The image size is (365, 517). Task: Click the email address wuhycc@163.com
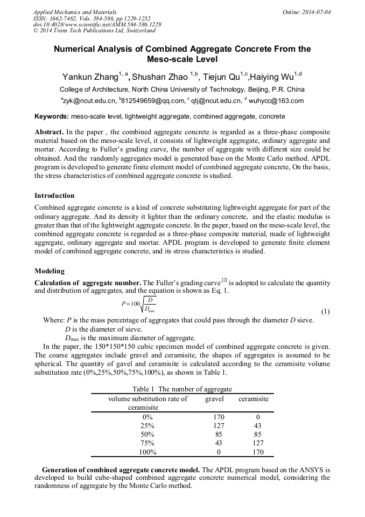coord(276,101)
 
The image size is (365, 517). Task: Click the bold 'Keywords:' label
coord(52,116)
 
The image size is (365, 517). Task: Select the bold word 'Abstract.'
coord(50,132)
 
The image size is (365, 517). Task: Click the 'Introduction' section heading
coord(54,195)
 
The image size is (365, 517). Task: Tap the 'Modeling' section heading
coord(50,271)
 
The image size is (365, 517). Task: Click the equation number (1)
coord(325,312)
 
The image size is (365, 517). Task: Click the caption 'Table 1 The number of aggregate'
coord(182,389)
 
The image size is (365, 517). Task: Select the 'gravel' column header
coord(214,399)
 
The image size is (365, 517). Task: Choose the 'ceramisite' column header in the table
coord(254,399)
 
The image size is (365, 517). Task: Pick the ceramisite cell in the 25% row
coord(258,426)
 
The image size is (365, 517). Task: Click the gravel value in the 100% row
coord(218,452)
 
